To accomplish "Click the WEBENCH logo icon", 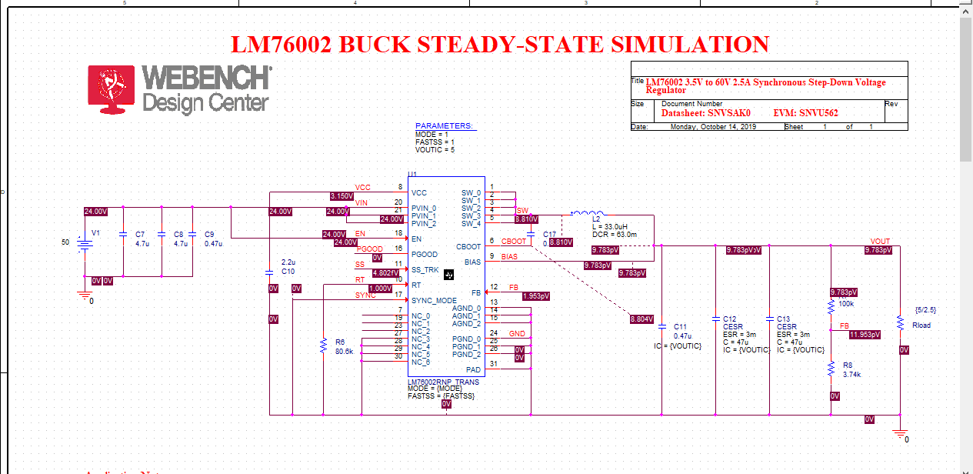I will click(112, 88).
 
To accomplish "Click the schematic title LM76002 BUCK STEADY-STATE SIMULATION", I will click(501, 45).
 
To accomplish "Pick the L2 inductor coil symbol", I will click(586, 212).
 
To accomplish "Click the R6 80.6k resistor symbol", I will click(323, 346).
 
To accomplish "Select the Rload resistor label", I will click(921, 325).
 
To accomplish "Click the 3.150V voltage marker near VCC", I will click(341, 196).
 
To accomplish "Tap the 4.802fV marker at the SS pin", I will click(385, 272).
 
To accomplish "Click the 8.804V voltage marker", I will click(641, 319).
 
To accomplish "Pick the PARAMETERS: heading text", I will click(444, 125).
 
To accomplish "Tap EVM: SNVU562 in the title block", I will click(805, 112).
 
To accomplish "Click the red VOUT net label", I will click(880, 242).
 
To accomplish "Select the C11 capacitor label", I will click(681, 326).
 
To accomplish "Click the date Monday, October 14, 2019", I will click(713, 126).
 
